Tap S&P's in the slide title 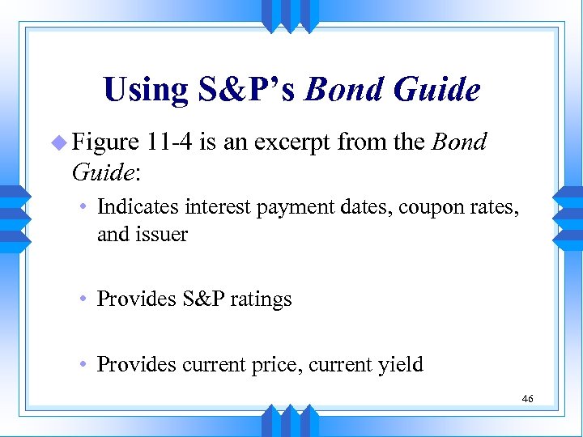249,90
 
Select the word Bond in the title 343,90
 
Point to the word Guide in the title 436,90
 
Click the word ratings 262,300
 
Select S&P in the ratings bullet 204,299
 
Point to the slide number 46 527,398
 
